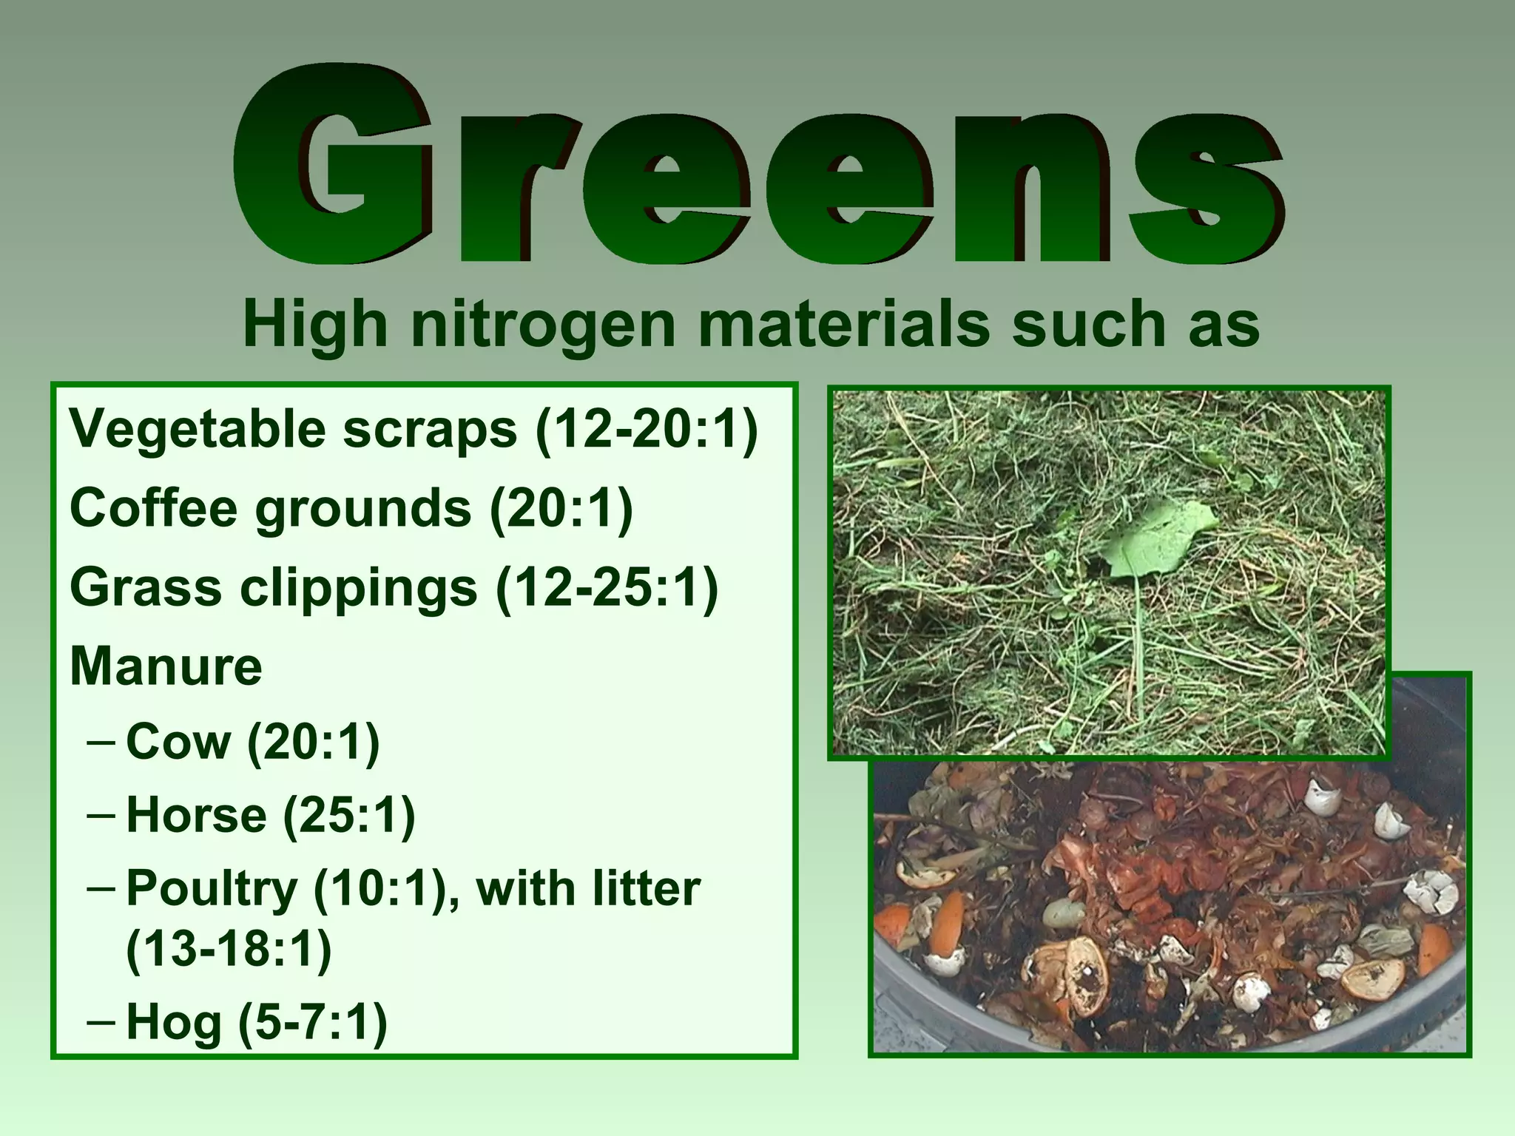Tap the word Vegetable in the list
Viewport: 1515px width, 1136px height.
197,429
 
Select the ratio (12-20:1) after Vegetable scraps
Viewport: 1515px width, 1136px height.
647,429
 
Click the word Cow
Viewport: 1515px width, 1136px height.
178,741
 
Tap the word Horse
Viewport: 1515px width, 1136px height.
196,815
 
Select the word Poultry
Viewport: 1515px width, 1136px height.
212,889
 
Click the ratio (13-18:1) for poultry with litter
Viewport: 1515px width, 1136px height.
229,949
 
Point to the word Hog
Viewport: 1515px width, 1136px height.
174,1022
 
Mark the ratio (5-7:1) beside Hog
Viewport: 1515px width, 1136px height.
312,1022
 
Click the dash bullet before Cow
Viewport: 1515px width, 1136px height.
101,741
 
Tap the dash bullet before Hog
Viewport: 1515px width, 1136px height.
101,1022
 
